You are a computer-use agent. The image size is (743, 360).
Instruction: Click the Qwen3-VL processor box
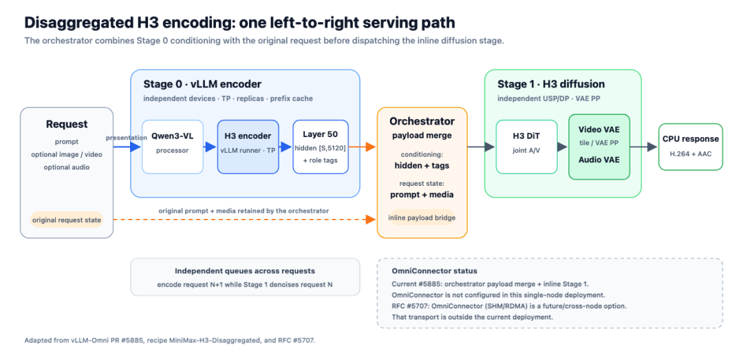(x=173, y=147)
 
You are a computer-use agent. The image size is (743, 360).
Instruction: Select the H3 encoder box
(x=248, y=147)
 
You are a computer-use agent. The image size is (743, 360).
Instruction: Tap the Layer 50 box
(x=321, y=147)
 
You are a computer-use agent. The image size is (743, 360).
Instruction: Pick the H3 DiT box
(x=526, y=147)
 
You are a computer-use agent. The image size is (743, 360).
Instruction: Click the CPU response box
(x=691, y=147)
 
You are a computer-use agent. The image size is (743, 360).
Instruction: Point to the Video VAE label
(x=599, y=129)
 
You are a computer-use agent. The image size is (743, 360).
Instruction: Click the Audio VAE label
(x=599, y=160)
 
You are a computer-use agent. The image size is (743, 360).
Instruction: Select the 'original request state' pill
(x=66, y=220)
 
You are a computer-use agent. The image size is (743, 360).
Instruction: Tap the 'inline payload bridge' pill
(x=422, y=218)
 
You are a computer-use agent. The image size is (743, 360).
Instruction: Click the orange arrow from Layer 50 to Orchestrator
(x=363, y=147)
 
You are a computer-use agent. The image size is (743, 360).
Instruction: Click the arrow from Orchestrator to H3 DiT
(x=482, y=147)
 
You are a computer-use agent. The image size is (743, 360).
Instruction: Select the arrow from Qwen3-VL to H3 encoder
(x=211, y=147)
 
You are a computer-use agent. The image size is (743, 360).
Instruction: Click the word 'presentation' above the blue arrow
(x=126, y=138)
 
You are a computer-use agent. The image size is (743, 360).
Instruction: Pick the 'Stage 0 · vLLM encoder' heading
(x=202, y=85)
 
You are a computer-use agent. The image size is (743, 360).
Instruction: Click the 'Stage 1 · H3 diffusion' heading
(x=551, y=85)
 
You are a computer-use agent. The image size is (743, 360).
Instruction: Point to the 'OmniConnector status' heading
(x=435, y=271)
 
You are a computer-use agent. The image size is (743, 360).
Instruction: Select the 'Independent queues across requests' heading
(x=245, y=271)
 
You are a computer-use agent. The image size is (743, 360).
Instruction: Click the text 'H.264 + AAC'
(x=691, y=153)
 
